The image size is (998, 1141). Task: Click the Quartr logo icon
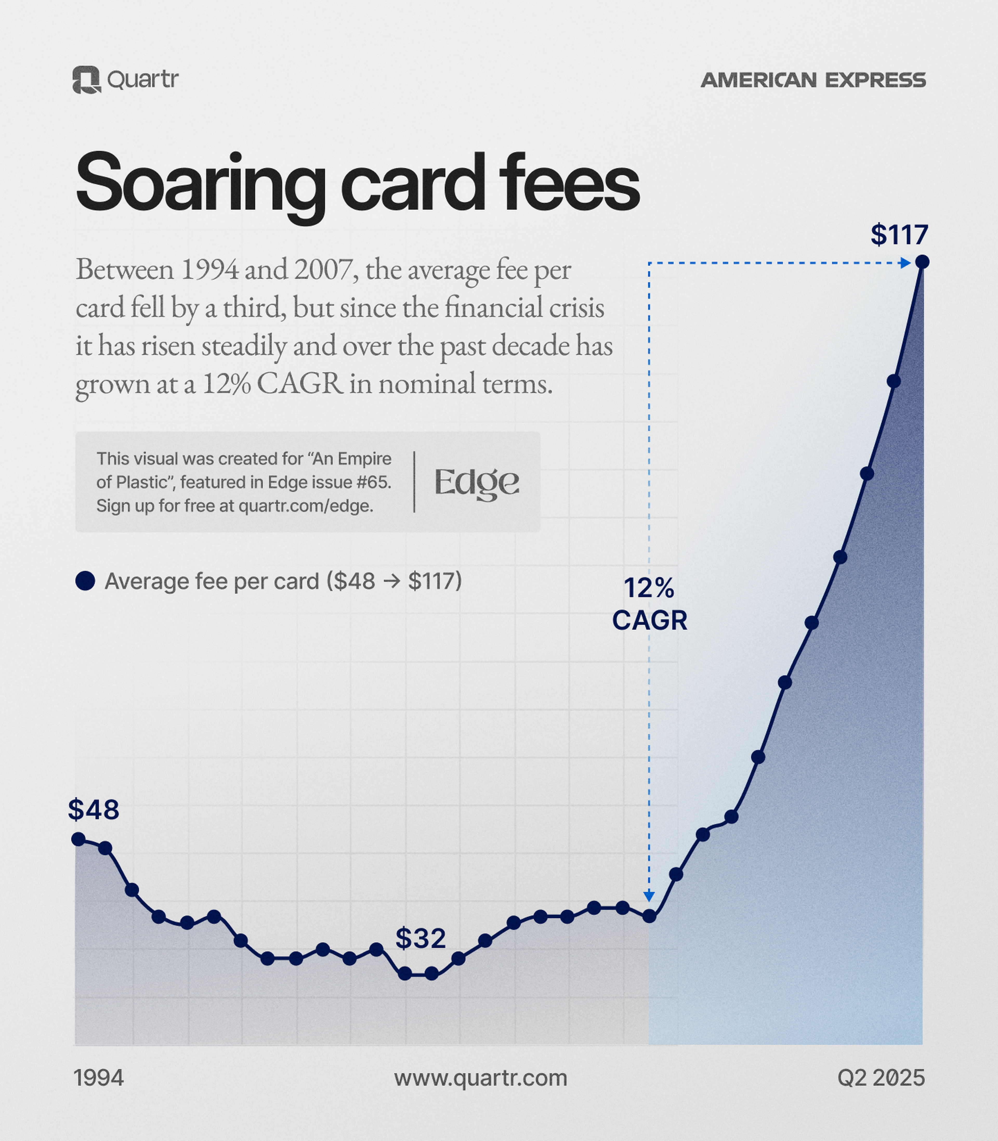coord(86,80)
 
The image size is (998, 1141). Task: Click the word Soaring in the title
coord(200,184)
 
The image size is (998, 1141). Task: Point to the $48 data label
coord(94,809)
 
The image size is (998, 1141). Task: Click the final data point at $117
coord(922,261)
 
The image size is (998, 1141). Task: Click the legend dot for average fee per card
coord(85,581)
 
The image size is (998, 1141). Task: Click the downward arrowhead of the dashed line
coord(649,896)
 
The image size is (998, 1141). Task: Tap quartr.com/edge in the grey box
coord(306,506)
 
